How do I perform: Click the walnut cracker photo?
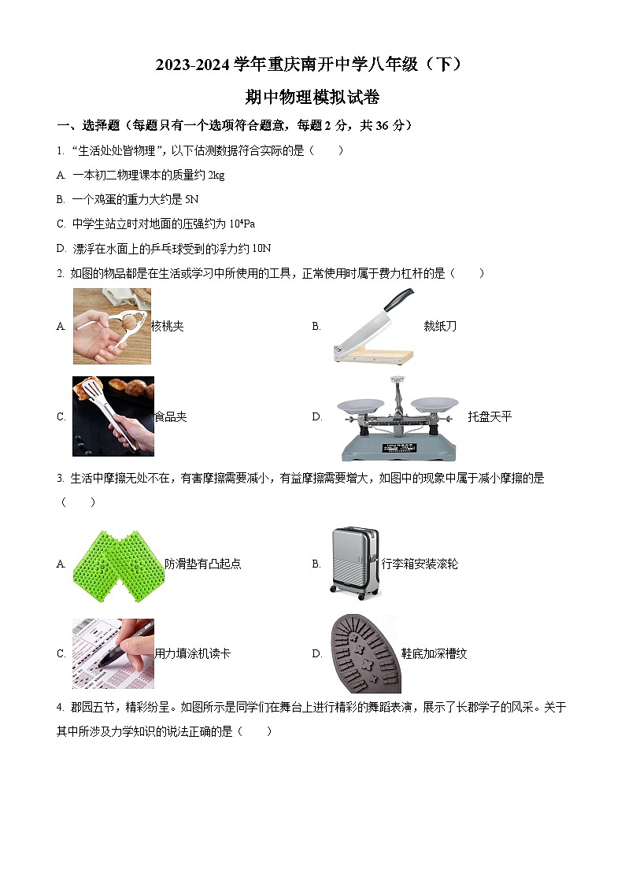pos(111,326)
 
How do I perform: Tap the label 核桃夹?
pos(167,326)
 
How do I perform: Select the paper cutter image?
pos(373,326)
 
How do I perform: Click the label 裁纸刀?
pos(440,326)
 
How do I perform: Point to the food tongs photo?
pos(113,416)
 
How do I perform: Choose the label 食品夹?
pos(171,416)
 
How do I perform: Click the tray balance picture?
pos(398,417)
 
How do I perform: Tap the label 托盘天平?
pos(490,416)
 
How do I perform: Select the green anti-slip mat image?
pos(117,564)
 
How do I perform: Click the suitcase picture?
pos(354,564)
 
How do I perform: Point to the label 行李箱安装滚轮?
pos(420,564)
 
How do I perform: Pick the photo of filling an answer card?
pos(113,653)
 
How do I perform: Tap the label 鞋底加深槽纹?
pos(435,653)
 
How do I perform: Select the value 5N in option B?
pos(191,199)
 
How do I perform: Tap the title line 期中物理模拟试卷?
pos(312,97)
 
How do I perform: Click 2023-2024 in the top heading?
pos(192,65)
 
